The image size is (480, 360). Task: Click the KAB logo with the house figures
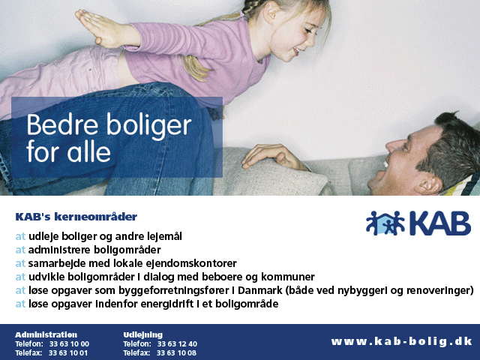coord(418,223)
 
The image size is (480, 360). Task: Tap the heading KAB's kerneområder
coord(76,217)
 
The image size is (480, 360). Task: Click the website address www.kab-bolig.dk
coord(402,341)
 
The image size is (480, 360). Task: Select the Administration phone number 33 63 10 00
coord(69,344)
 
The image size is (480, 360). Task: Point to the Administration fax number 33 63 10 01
coord(68,353)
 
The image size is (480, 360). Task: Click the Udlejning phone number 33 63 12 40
coord(177,344)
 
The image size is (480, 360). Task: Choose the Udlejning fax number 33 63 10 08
coord(176,353)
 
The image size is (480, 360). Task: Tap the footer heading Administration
coord(46,334)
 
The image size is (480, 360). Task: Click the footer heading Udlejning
coord(143,335)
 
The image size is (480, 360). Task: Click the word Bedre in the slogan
coord(62,124)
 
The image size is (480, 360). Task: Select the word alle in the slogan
coord(88,151)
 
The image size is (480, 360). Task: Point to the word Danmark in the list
coord(260,290)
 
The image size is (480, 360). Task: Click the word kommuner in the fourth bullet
coord(288,277)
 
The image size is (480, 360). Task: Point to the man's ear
coord(430,184)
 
